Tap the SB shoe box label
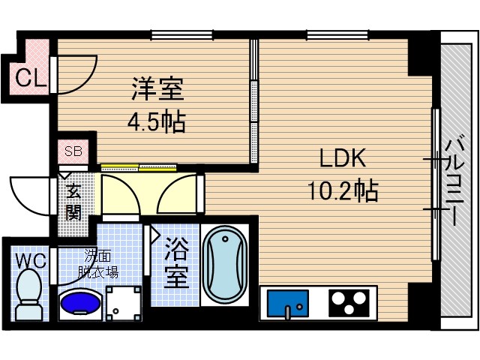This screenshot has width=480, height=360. point(73,151)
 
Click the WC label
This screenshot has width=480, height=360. point(30,261)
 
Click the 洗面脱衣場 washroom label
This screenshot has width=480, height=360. point(99,264)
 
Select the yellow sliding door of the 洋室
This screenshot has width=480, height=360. point(139,166)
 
